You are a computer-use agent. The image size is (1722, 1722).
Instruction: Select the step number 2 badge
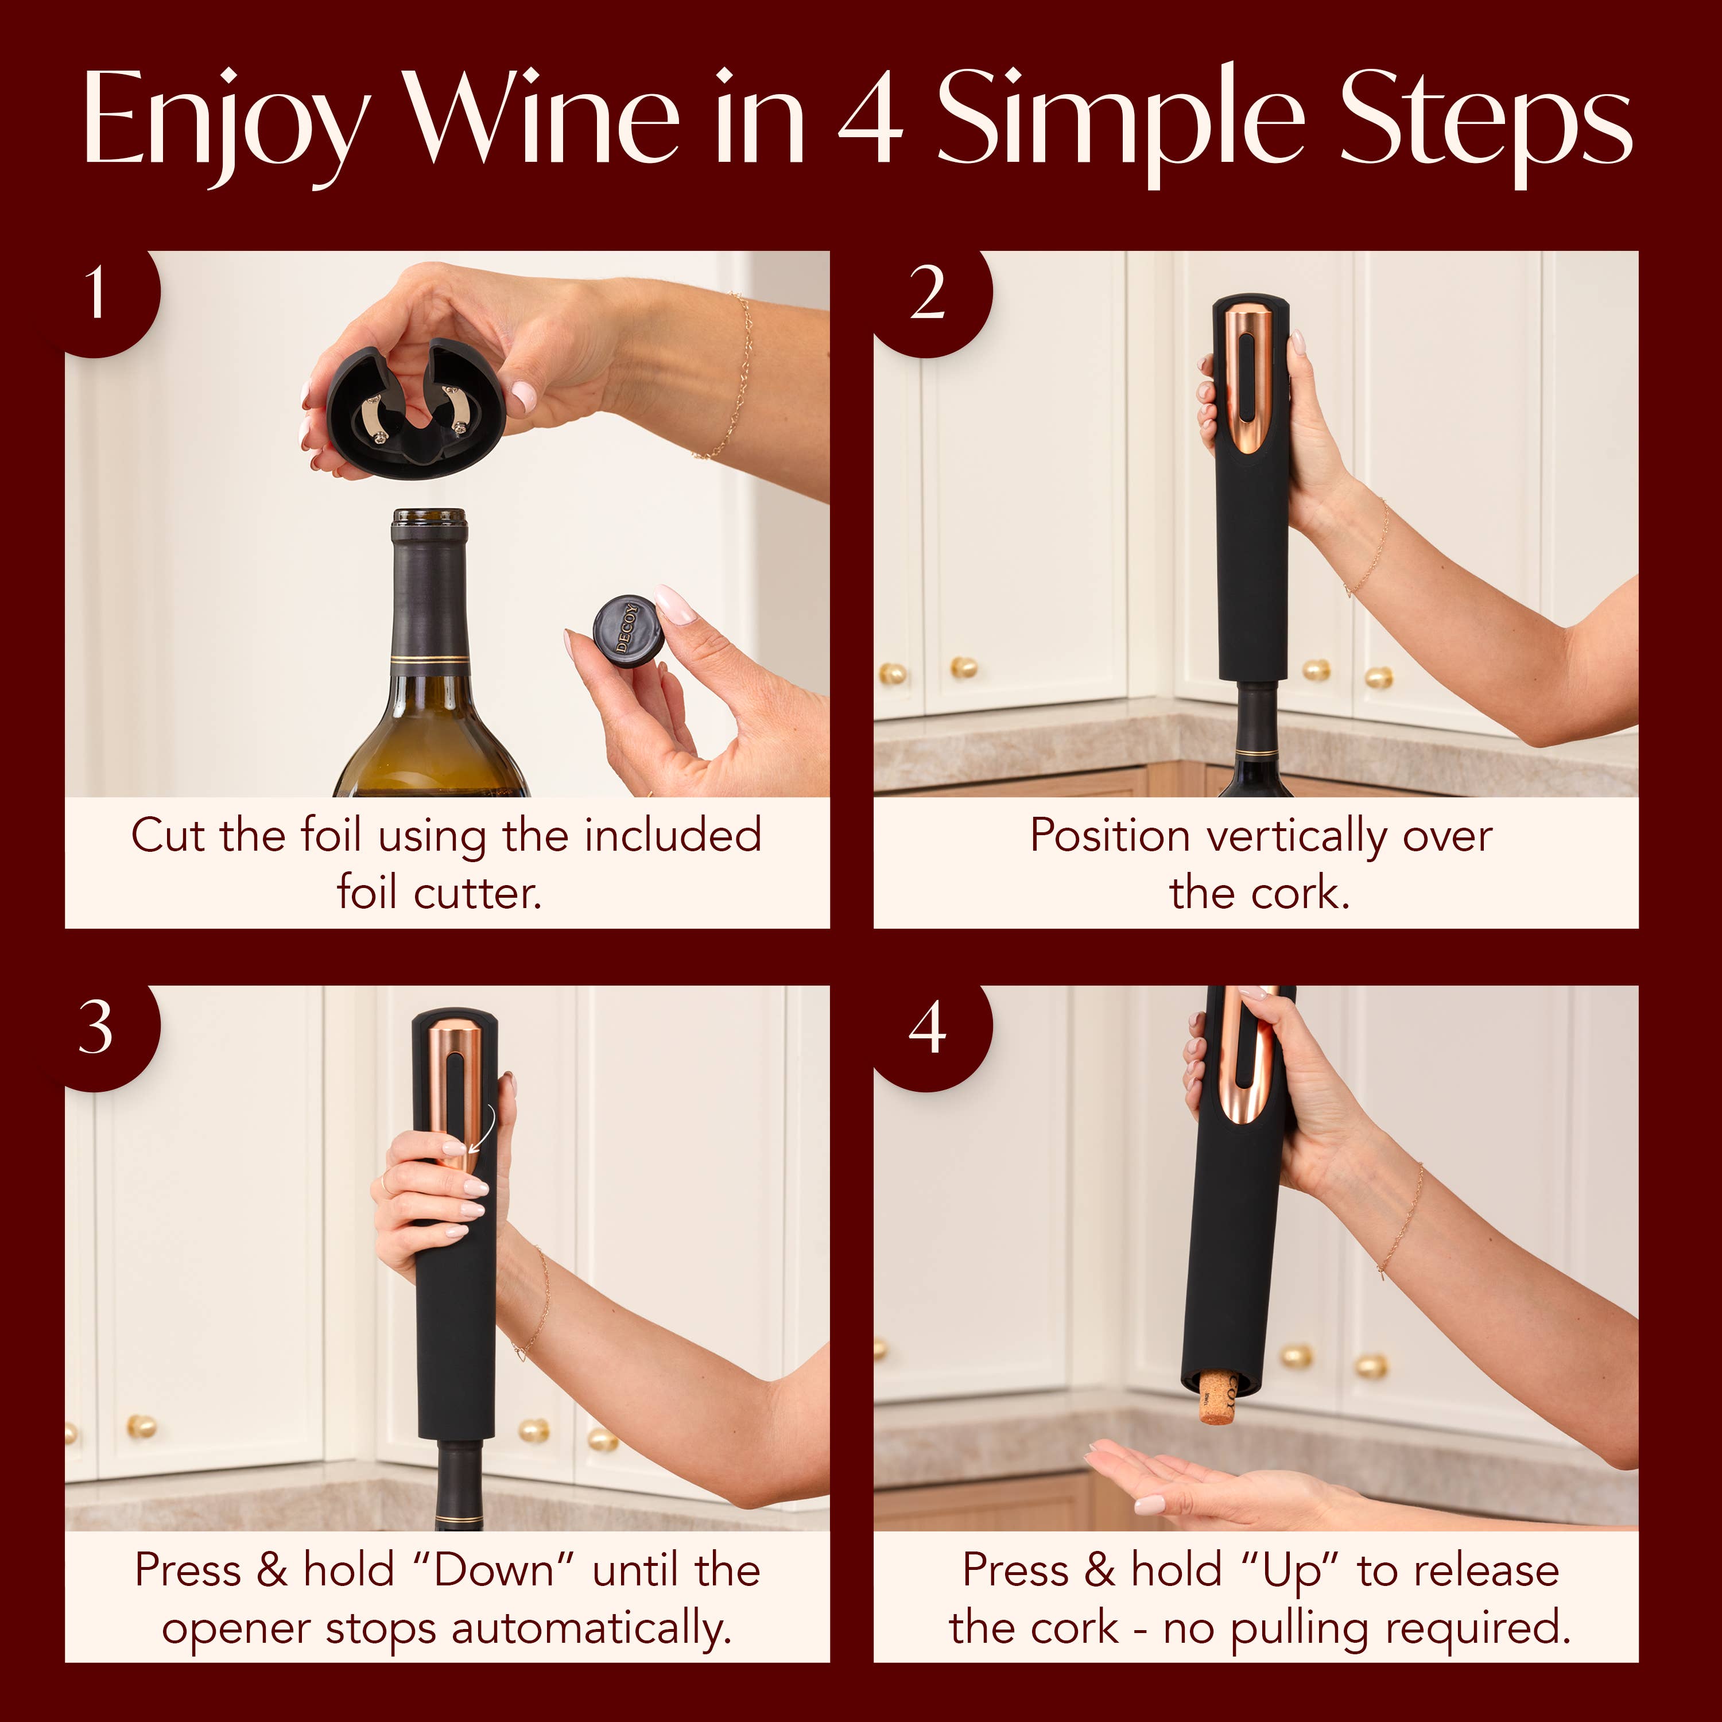(x=927, y=294)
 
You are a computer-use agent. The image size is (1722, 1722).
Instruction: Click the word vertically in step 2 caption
(x=1297, y=837)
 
